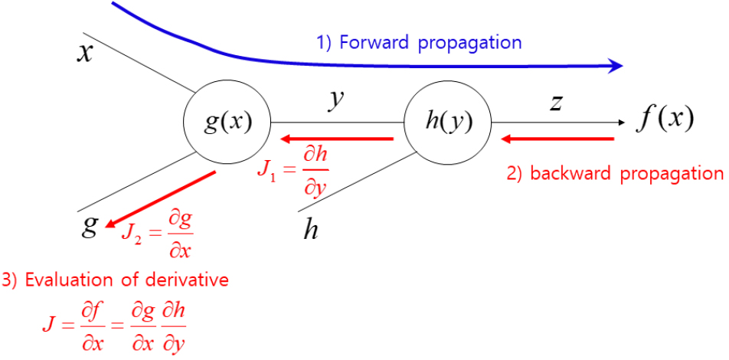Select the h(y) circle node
[x=448, y=122]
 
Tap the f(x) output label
[x=665, y=119]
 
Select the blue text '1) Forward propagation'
[x=419, y=42]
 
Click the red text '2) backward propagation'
[x=615, y=173]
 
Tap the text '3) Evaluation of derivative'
[x=116, y=280]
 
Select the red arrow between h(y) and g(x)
[x=337, y=139]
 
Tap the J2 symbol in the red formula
[x=132, y=230]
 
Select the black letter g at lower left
[x=90, y=225]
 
